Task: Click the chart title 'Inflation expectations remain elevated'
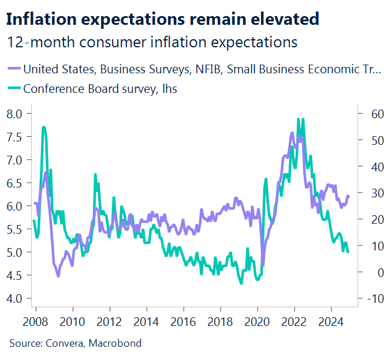click(x=162, y=18)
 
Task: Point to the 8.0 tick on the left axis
click(x=15, y=114)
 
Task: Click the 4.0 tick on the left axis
click(x=15, y=298)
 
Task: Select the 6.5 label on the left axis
click(x=15, y=183)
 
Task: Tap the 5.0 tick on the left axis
click(x=15, y=252)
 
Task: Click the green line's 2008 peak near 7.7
click(x=44, y=127)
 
